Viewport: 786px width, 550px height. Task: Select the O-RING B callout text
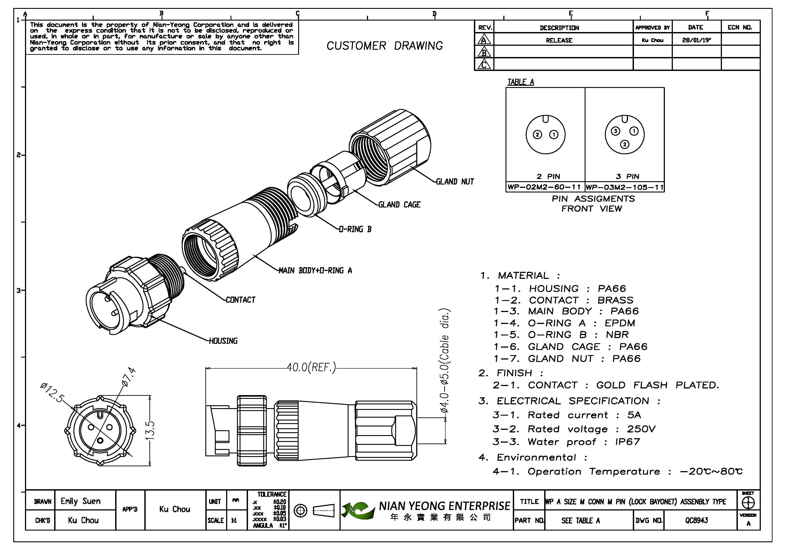[355, 229]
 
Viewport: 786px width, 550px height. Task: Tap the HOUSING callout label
[223, 341]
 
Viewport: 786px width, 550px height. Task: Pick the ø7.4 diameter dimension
[129, 377]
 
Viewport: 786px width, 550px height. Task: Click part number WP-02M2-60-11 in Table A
[544, 187]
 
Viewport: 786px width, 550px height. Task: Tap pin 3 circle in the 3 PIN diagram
[616, 131]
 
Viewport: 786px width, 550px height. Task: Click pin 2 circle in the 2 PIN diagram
[537, 135]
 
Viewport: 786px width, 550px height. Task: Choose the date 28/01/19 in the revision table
[696, 40]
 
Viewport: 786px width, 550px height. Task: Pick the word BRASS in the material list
[615, 300]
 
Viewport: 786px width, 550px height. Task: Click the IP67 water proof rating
[627, 442]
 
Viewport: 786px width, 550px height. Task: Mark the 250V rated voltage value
[641, 429]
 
